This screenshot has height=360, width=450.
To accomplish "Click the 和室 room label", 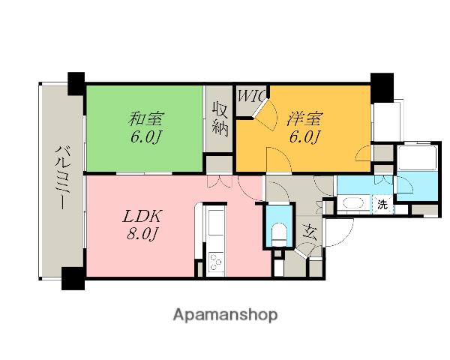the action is [146, 118].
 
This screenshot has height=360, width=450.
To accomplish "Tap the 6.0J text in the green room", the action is [145, 137].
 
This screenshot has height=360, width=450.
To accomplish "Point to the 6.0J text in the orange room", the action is [304, 137].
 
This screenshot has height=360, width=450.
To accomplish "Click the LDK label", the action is [142, 216].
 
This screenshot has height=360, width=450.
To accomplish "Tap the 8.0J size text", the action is [142, 234].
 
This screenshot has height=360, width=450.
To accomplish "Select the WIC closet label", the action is [250, 96].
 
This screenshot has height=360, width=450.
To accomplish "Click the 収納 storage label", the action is [220, 120].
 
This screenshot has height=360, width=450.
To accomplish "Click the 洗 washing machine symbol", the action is [382, 205].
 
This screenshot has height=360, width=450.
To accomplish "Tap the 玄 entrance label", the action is [310, 232].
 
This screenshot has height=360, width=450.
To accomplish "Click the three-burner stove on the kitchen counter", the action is [215, 262].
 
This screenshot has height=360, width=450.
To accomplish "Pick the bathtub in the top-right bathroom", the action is [417, 158].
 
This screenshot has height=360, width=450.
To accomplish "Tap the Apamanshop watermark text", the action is [225, 316].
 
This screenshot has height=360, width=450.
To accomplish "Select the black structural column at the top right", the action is [382, 88].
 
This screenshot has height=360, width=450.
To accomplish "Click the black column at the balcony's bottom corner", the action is [73, 278].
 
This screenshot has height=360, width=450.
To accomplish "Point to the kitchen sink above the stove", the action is [216, 223].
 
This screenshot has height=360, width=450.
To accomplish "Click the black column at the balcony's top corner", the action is [76, 83].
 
